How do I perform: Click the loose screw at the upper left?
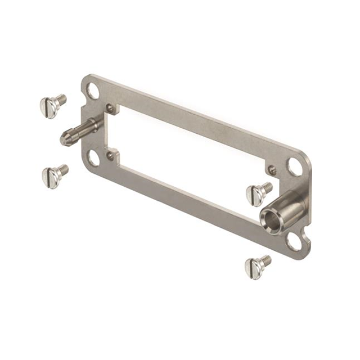(52, 105)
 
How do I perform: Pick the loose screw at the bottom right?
(256, 265)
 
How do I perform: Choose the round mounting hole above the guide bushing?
(295, 166)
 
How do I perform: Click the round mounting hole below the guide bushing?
(293, 240)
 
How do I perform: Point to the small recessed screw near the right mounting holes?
(272, 170)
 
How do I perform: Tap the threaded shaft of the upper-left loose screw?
(61, 100)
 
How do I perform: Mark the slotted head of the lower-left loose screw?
(49, 178)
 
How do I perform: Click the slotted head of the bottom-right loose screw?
(253, 268)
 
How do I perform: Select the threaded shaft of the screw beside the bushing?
(267, 187)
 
